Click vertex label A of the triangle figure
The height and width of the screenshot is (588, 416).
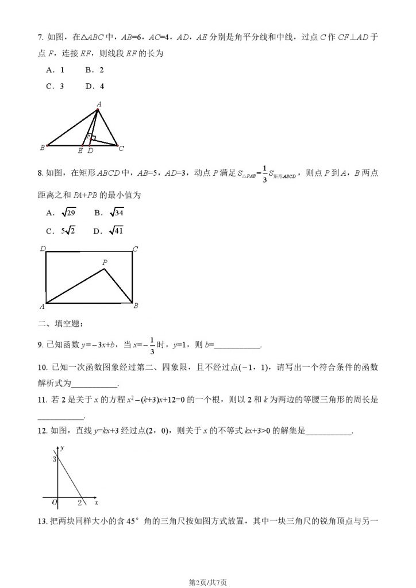(x=99, y=104)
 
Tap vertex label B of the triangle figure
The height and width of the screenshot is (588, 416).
(x=42, y=148)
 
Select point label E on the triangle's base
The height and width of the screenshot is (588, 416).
(x=80, y=151)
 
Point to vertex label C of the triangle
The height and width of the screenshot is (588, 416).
(x=121, y=148)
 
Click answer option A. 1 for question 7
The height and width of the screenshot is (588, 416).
(x=55, y=70)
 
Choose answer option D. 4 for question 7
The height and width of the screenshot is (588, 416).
(x=95, y=87)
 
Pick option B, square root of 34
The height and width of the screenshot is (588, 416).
(x=109, y=213)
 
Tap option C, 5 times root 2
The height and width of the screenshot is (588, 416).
(x=59, y=231)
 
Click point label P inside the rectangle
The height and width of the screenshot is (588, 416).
(x=105, y=262)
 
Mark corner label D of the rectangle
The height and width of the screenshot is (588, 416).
(x=43, y=249)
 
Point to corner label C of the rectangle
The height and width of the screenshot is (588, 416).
(x=135, y=249)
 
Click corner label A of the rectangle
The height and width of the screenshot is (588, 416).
(x=42, y=307)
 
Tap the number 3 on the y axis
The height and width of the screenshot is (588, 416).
(x=54, y=459)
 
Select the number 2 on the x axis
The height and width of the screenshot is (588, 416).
(x=80, y=504)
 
